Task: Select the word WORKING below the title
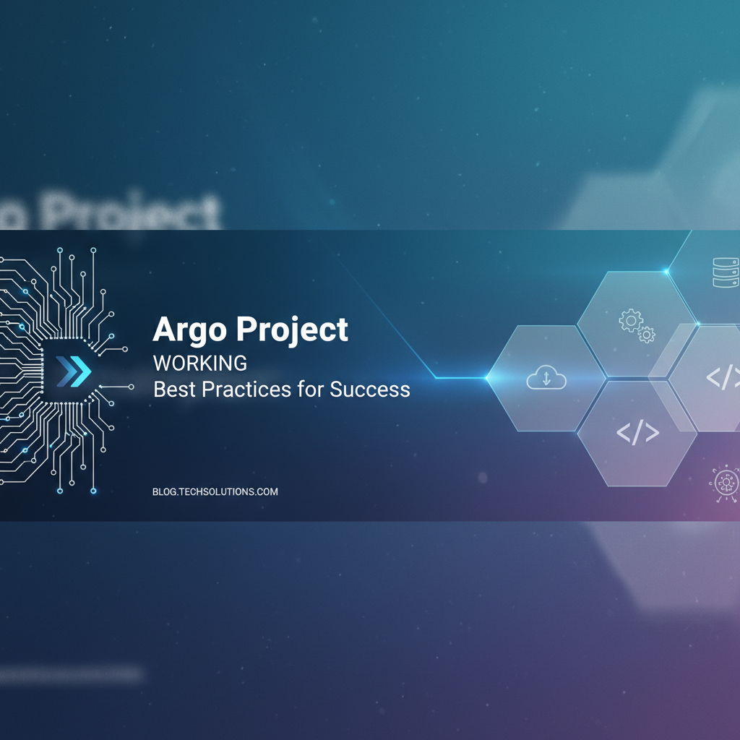point(200,363)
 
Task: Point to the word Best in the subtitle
point(175,390)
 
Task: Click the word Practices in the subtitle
point(245,390)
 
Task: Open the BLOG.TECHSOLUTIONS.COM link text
point(215,491)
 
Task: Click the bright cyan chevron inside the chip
point(82,371)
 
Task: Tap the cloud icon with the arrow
point(546,377)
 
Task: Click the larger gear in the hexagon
point(630,319)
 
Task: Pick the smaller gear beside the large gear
point(647,334)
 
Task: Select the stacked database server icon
point(724,273)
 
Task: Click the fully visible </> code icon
point(637,432)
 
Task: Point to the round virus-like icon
point(724,481)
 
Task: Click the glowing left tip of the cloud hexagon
point(487,377)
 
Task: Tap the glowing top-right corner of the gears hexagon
point(667,272)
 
